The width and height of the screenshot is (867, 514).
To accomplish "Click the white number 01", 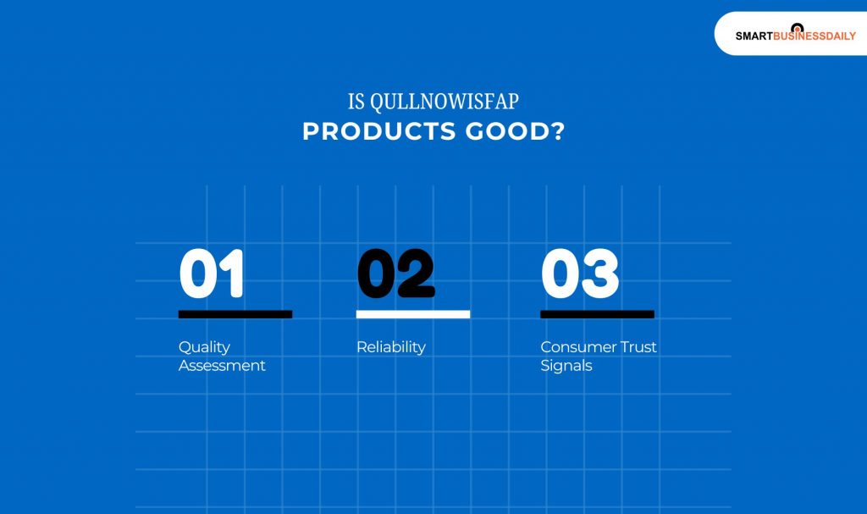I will (212, 274).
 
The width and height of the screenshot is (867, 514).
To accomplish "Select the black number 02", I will (395, 274).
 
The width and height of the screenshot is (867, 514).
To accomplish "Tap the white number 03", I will (580, 274).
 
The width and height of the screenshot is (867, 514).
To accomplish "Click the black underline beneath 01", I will (235, 314).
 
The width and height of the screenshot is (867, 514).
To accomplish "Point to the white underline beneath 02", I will (412, 314).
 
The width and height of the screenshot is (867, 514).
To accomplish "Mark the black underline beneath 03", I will (597, 314).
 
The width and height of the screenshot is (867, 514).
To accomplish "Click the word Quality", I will (204, 347).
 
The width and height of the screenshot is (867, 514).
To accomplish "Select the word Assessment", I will (222, 366).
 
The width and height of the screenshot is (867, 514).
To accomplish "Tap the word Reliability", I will (390, 347).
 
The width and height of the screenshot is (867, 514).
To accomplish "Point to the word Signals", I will (566, 366).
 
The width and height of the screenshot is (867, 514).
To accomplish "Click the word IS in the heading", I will (356, 102).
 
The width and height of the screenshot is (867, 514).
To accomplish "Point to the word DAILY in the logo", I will (838, 36).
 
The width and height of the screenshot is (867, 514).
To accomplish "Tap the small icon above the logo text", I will (797, 27).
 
